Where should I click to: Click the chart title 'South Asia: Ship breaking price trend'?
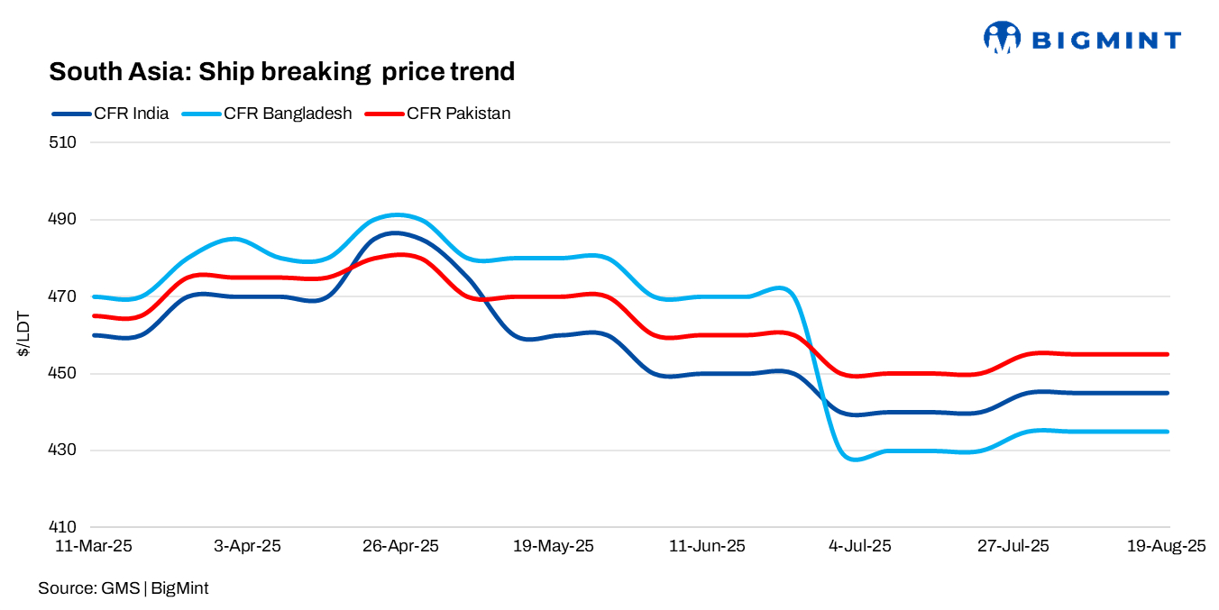281,71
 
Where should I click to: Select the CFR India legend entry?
111,114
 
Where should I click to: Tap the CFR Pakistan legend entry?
437,114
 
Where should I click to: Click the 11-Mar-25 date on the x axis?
95,547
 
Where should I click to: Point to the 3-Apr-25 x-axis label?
247,547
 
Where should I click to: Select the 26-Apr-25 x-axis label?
400,547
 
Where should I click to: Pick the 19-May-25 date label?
554,547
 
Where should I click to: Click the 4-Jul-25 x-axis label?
859,547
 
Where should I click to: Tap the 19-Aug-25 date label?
1167,547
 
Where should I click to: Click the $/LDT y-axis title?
23,334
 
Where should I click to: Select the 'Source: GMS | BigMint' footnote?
123,588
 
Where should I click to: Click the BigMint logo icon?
1002,39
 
